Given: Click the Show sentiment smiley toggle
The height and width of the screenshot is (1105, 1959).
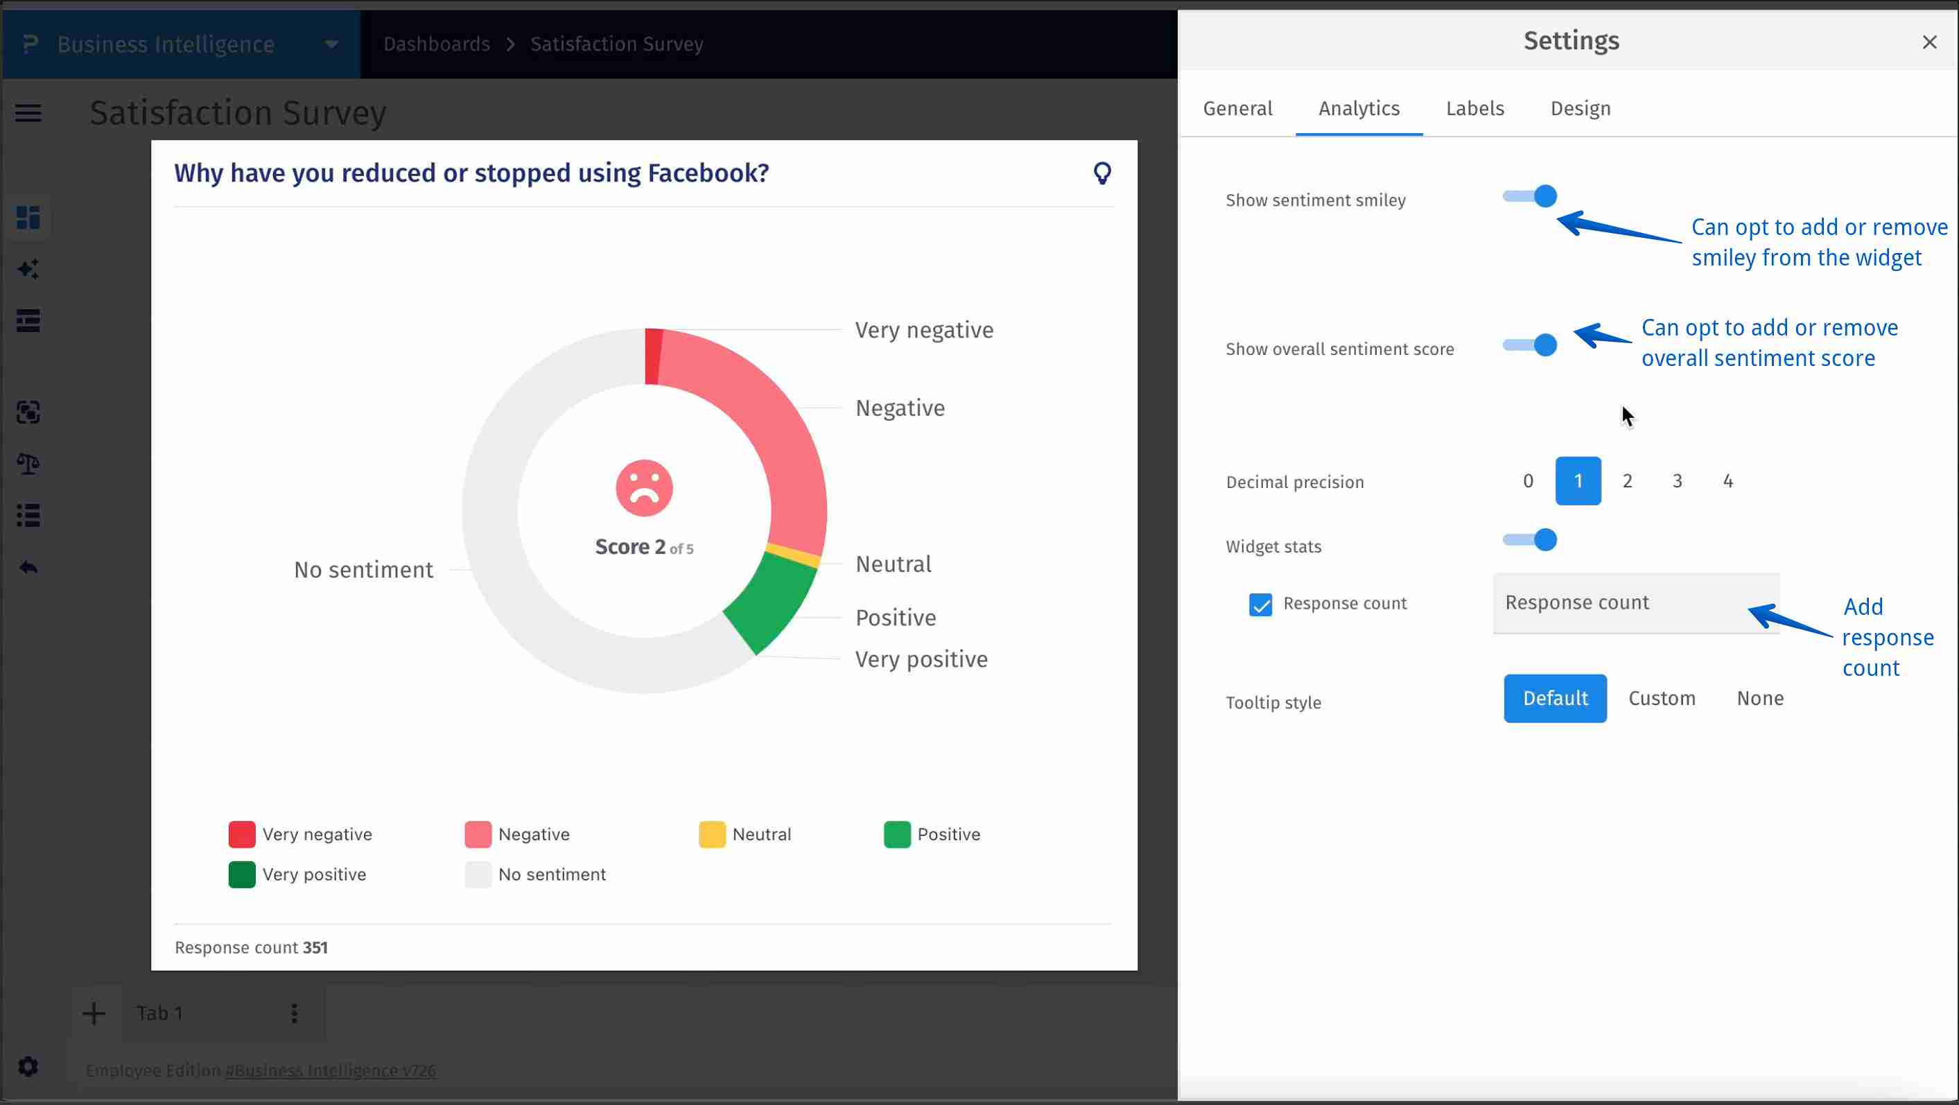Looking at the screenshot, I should [x=1530, y=196].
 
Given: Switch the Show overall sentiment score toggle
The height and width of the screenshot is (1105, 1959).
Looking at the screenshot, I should [x=1530, y=345].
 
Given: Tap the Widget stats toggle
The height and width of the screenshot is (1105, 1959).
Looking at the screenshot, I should [x=1530, y=540].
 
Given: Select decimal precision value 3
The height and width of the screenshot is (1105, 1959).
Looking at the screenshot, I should [x=1677, y=480].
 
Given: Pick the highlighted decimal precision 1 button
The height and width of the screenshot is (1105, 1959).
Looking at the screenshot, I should [x=1578, y=480].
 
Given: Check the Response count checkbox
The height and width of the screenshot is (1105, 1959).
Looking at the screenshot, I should [x=1260, y=604].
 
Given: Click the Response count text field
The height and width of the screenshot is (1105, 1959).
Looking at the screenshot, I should [x=1635, y=603].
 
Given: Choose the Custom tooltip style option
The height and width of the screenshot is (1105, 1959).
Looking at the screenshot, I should [x=1662, y=698].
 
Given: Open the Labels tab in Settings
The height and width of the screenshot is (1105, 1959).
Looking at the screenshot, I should [x=1474, y=109].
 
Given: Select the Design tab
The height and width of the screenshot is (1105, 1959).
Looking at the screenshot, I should [x=1581, y=109].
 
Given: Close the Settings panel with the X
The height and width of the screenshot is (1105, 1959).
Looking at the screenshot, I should [x=1929, y=42].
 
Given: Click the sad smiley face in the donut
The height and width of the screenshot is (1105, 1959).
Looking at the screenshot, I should [x=644, y=488].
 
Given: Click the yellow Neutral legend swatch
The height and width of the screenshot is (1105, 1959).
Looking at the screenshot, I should [x=712, y=834].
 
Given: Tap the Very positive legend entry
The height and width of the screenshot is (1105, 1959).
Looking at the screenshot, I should [x=313, y=875].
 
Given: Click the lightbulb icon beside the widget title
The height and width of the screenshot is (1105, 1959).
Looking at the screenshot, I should [x=1102, y=173].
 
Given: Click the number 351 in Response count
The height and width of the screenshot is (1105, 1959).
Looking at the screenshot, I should [x=315, y=948].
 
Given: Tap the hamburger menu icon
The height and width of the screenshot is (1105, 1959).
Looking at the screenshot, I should [x=28, y=113].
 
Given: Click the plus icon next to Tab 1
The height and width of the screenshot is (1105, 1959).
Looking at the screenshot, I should [x=94, y=1013].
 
